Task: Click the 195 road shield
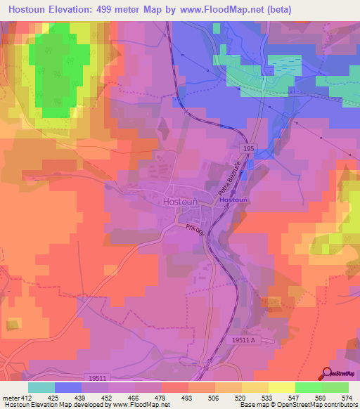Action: pyautogui.click(x=250, y=150)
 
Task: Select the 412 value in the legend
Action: pyautogui.click(x=27, y=397)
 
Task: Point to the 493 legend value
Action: pyautogui.click(x=187, y=397)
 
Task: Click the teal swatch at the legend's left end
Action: pyautogui.click(x=41, y=387)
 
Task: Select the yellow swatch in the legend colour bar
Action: pyautogui.click(x=281, y=387)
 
